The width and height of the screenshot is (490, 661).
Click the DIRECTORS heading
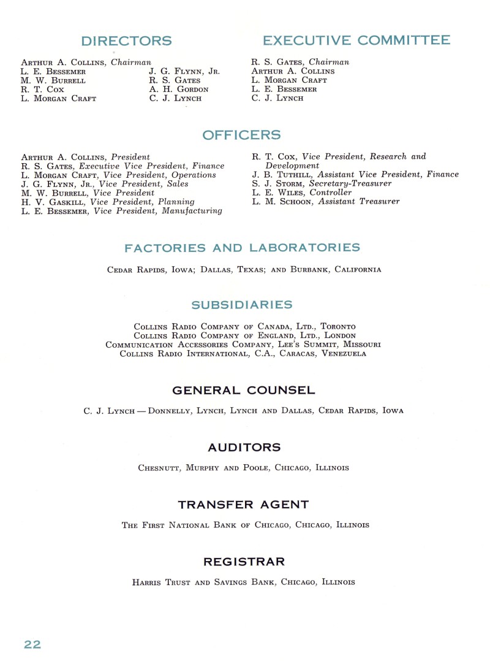[126, 42]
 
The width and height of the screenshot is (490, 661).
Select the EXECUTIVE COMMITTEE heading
[356, 40]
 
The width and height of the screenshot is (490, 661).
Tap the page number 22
[32, 644]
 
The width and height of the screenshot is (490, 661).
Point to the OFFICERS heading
[241, 135]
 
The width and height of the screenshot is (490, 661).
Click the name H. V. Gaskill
[54, 202]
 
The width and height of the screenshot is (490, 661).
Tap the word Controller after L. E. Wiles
[330, 193]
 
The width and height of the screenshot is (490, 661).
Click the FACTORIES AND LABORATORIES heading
[242, 248]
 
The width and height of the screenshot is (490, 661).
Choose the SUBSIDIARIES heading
[241, 305]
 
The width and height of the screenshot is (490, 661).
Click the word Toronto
[338, 327]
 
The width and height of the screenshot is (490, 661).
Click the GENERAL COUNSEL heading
[244, 391]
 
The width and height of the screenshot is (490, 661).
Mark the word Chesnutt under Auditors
[159, 468]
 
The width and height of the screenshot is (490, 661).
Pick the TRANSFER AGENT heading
[243, 505]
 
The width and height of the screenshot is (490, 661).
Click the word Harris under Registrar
[146, 582]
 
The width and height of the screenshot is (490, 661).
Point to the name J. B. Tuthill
[282, 175]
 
